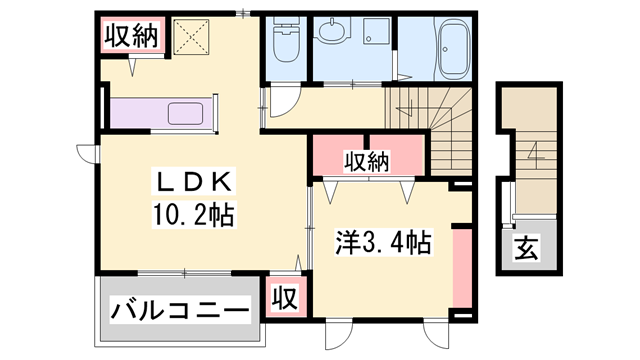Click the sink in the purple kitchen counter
coord(187,111)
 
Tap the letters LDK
coord(192,182)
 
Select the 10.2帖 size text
coord(192,213)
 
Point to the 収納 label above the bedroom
coord(367,160)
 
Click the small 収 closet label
coord(285,297)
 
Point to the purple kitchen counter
coord(160,111)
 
